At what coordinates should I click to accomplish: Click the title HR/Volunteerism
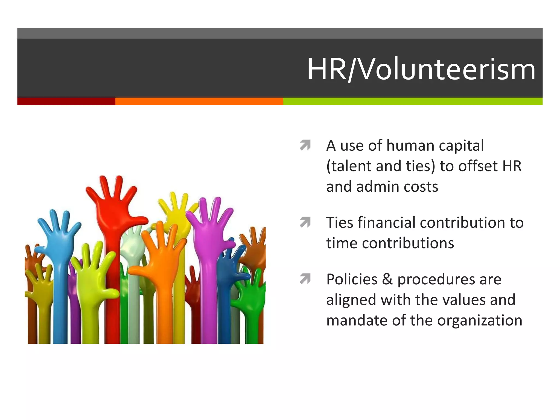coord(421,69)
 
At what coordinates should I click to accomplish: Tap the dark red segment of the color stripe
coord(66,101)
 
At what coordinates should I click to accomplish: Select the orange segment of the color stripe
coord(199,101)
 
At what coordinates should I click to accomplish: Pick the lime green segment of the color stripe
coord(413,101)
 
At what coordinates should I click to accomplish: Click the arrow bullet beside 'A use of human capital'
coord(305,145)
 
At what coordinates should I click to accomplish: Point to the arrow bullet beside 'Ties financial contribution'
coord(305,222)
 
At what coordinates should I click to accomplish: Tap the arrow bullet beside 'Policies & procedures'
coord(305,279)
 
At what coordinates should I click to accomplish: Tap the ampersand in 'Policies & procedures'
coord(387,279)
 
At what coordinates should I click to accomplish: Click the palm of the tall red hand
coord(115,216)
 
